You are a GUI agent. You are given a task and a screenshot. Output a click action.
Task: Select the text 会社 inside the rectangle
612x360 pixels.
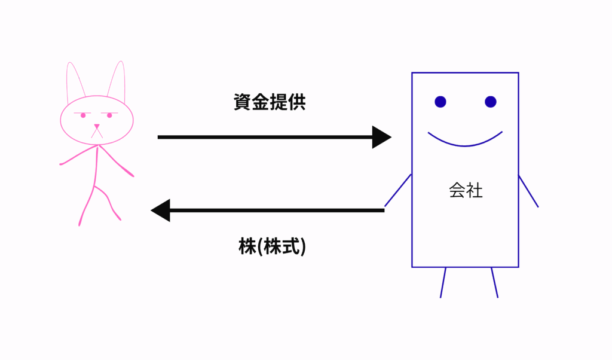[465, 191]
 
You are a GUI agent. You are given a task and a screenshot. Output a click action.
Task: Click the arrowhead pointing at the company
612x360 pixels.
[381, 137]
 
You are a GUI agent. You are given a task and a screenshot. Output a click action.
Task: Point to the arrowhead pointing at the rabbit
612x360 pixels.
[161, 210]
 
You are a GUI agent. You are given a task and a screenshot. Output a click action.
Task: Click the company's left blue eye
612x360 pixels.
[440, 102]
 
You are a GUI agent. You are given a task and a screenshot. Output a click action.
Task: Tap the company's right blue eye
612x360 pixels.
[491, 102]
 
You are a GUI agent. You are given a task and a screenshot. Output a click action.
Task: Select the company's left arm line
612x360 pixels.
[397, 191]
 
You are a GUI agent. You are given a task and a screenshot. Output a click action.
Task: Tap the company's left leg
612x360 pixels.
[443, 282]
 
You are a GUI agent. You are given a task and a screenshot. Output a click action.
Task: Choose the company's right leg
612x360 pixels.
[494, 282]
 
